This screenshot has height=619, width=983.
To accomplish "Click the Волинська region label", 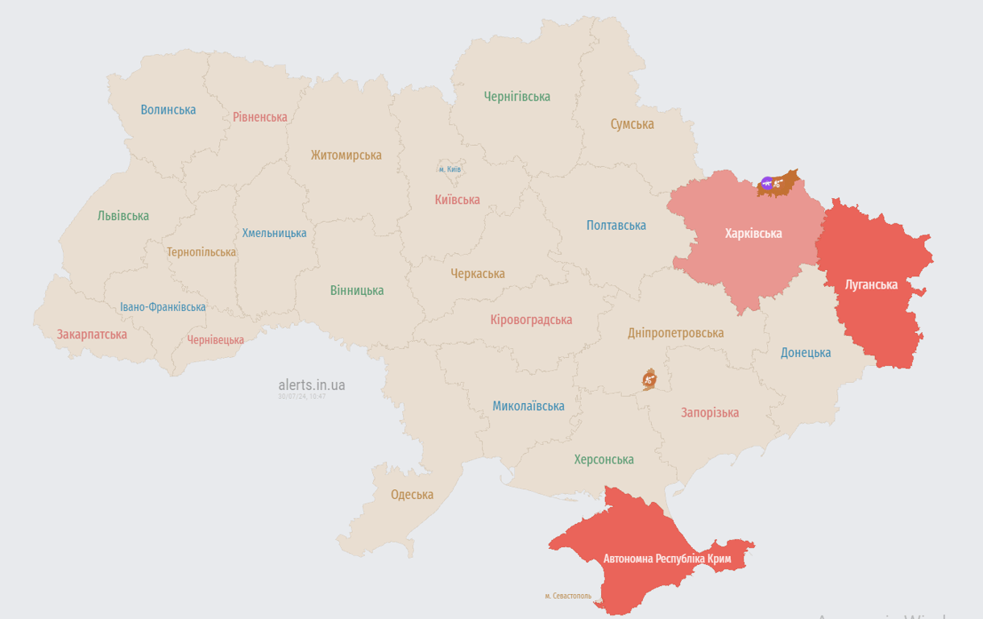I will point(168,110).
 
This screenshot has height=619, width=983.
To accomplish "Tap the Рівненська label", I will point(259,117).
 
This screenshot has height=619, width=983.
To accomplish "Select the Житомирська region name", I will point(346,155).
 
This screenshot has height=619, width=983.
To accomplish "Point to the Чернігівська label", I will point(516,97).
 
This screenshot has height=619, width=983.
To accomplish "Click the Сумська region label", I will point(632,124).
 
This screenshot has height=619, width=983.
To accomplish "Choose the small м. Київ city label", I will point(450,169).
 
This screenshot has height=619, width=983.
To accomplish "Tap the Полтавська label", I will point(616,226).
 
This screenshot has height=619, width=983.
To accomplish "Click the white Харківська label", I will point(753,234).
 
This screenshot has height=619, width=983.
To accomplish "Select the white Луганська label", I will point(870,285).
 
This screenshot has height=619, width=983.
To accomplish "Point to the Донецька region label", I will point(805,352).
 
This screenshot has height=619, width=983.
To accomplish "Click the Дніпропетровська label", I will point(675,333).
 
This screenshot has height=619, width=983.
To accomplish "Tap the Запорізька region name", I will point(709,413).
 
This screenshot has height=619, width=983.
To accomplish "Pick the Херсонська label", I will point(603,459).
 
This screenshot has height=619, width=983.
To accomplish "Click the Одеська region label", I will point(412,494).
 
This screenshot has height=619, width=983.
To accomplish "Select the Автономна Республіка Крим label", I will point(667,559).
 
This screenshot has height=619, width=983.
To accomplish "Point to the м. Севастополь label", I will point(567,596).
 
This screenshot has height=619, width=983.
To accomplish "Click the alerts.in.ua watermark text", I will point(311,385).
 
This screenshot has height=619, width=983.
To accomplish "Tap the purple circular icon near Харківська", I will point(767,184).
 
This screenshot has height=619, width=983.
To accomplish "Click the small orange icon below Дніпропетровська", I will point(649,379).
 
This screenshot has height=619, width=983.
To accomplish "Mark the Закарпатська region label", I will point(91,334).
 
